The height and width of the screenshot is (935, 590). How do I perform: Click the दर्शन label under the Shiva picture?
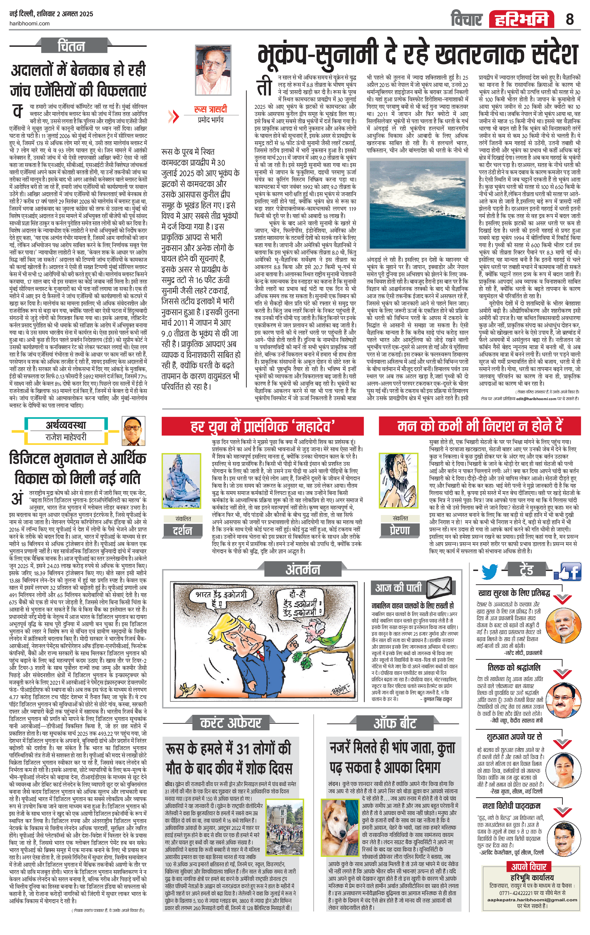point(183,530)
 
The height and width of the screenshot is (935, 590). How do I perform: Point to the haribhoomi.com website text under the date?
point(29,23)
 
